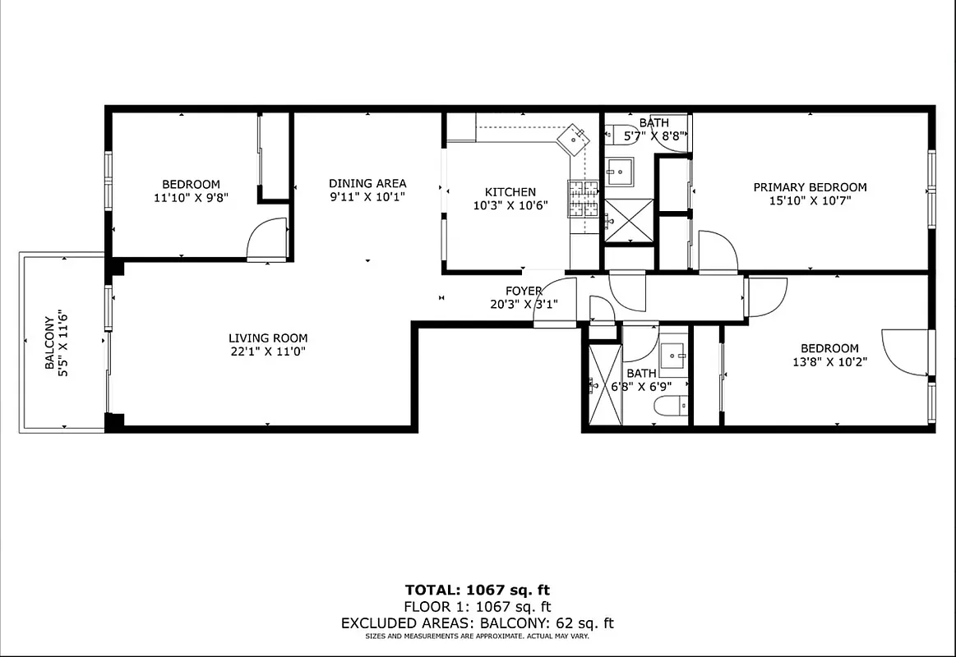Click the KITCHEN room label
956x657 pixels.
coord(510,192)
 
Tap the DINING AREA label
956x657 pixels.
coord(367,183)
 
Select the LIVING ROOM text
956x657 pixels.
coord(268,338)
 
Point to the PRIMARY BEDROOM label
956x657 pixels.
coord(810,187)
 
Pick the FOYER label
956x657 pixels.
coord(524,291)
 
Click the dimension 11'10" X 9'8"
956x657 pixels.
coord(191,198)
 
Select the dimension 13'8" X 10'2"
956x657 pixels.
coord(829,361)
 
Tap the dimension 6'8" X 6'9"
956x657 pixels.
coord(641,386)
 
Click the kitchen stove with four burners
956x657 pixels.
coord(584,199)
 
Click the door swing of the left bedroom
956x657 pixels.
coord(267,240)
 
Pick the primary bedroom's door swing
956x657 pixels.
coord(717,251)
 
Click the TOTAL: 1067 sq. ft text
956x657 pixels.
coord(478,590)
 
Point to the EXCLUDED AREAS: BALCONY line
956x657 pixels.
coord(478,623)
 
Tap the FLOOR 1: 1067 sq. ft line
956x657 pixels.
coord(478,607)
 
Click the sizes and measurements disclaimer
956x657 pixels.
coord(478,636)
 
